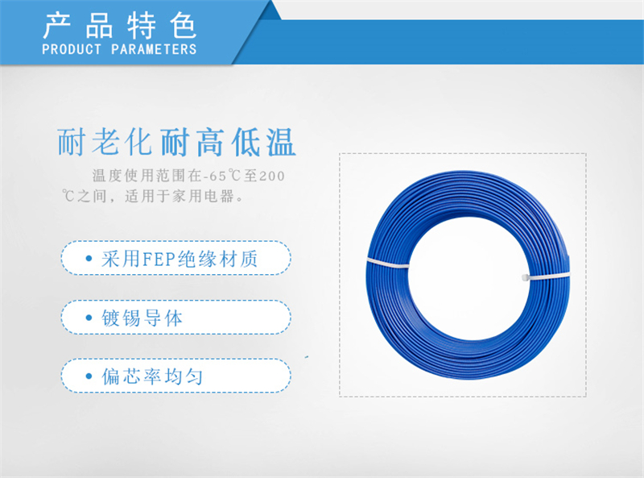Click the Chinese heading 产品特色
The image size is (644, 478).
[119, 26]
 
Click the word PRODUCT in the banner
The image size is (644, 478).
[72, 49]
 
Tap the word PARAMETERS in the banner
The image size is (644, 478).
[154, 49]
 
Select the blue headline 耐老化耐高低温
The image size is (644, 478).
[176, 142]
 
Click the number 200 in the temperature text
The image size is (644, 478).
[272, 176]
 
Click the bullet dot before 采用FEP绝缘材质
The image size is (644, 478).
[89, 258]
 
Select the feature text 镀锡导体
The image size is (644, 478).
[142, 318]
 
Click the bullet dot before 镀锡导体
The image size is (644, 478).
[89, 318]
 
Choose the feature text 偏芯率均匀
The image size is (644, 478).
[152, 376]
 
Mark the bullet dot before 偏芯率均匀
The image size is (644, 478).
[89, 376]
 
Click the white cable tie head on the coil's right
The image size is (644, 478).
[526, 277]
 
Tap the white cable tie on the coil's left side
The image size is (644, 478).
[388, 263]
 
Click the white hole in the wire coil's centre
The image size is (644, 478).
[469, 278]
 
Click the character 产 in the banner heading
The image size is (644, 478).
[56, 26]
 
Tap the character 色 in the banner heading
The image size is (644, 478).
[183, 26]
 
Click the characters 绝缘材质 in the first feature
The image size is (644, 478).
[218, 260]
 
